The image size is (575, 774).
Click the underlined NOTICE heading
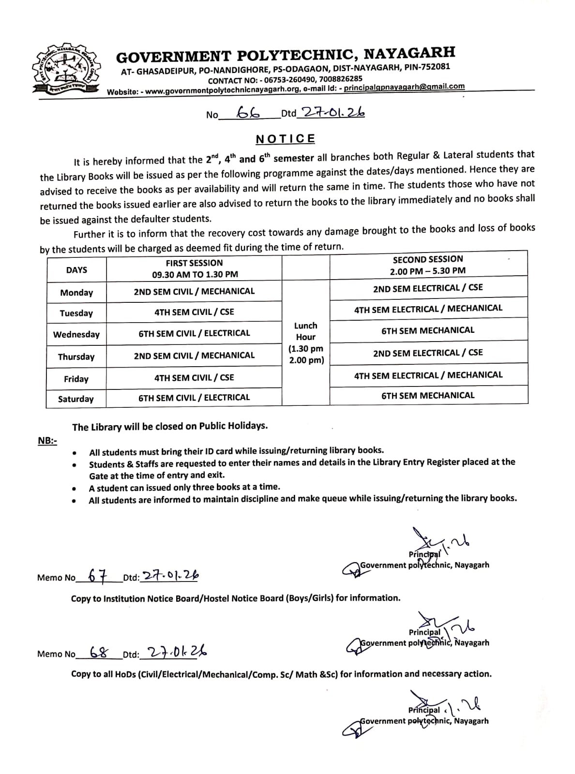286,139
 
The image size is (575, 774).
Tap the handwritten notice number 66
249,113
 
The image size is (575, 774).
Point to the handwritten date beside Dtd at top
332,112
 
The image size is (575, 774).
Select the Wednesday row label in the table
76,334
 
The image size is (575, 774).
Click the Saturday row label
76,399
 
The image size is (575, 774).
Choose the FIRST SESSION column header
194,268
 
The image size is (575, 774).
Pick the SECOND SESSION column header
428,265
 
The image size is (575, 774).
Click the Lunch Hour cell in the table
306,342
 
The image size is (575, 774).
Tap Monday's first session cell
194,291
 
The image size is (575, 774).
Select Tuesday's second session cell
428,308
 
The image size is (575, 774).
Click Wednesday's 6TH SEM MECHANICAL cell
428,330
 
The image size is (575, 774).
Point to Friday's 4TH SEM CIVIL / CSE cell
194,377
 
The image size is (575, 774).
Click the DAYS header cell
76,270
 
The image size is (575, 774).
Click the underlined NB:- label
47,441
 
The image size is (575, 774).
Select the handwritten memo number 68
99,652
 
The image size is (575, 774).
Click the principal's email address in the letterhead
404,87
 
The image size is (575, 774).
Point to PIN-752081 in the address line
428,67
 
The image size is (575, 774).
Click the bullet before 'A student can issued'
74,489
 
